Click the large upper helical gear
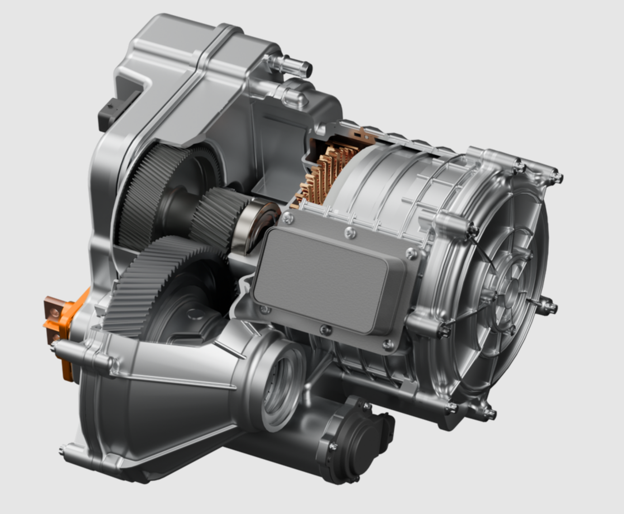coord(149,190)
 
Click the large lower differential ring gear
coord(149,281)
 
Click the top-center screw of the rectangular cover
coord(349,233)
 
